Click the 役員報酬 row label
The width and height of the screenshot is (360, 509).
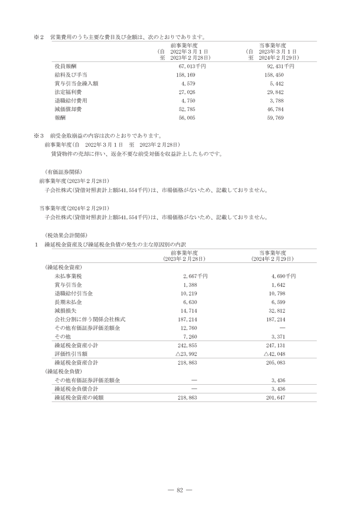click(65, 66)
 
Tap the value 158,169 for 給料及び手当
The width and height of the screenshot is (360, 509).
click(185, 75)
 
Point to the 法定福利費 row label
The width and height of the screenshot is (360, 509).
click(68, 92)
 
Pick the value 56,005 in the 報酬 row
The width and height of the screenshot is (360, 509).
click(185, 118)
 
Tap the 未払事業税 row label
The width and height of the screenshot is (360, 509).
click(68, 276)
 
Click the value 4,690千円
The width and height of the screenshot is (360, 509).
click(282, 276)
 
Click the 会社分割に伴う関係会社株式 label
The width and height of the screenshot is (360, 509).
click(90, 319)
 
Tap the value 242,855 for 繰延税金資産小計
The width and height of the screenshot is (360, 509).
click(188, 345)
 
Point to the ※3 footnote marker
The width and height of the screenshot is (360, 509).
click(38, 135)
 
